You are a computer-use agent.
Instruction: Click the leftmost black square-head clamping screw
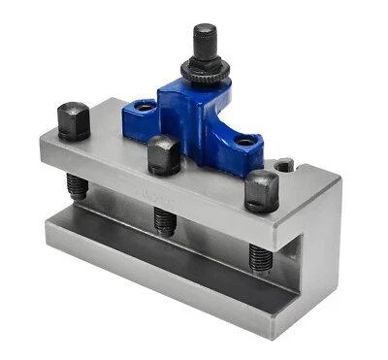pyautogui.click(x=74, y=120)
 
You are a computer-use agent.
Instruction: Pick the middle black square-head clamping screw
pyautogui.click(x=162, y=153)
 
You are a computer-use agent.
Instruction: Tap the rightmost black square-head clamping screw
pyautogui.click(x=261, y=190)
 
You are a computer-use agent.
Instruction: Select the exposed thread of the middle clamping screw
pyautogui.click(x=164, y=219)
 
